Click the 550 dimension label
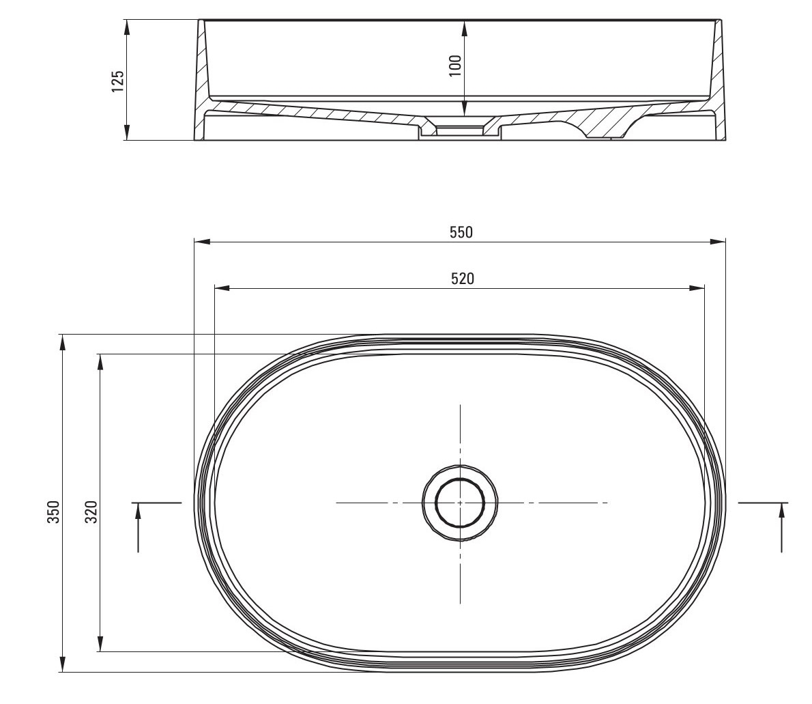[461, 232]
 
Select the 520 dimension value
[463, 279]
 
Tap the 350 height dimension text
[54, 511]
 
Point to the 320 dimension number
[91, 511]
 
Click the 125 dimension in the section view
[118, 81]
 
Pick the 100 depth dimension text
[455, 66]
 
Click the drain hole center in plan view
[460, 503]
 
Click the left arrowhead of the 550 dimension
[201, 241]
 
